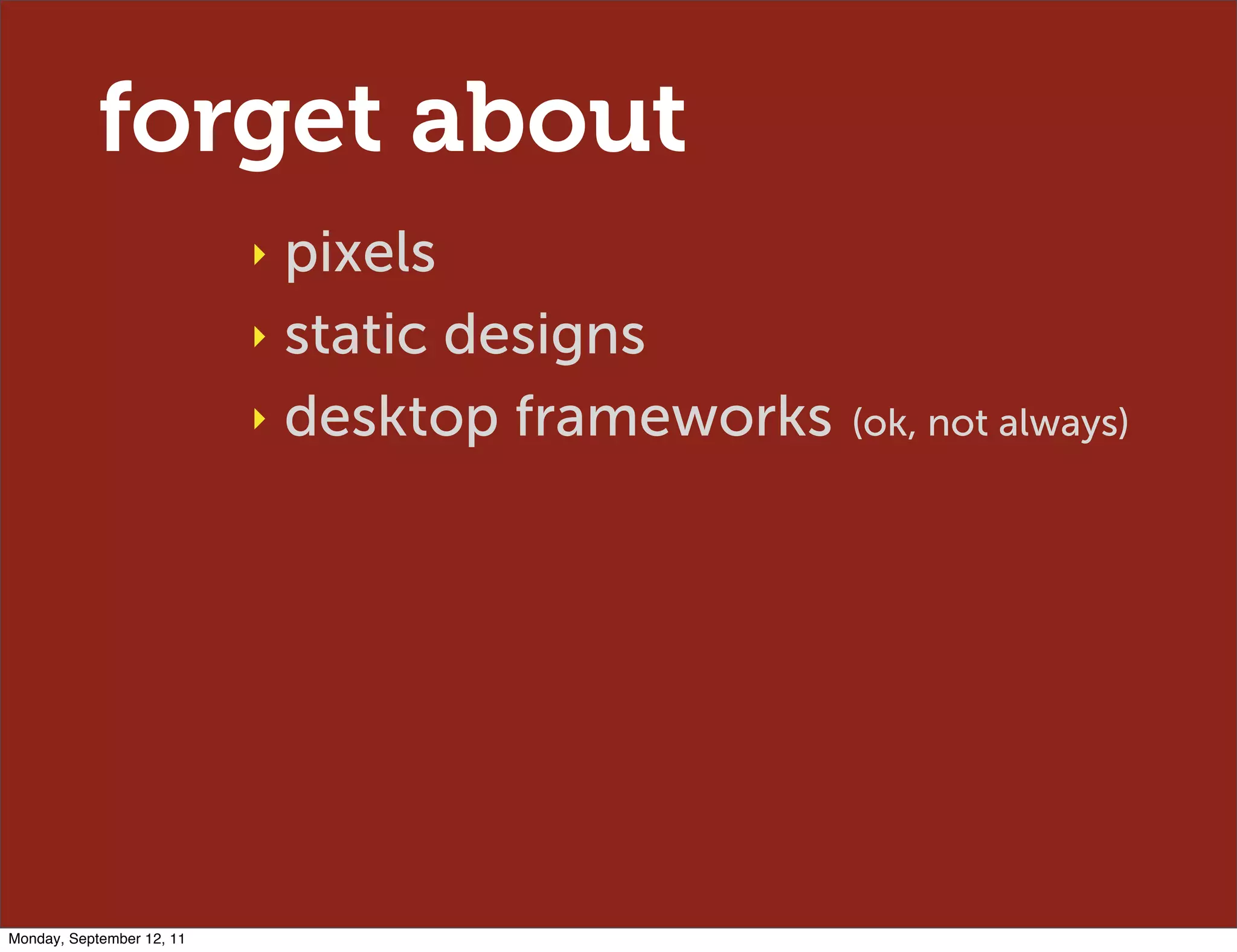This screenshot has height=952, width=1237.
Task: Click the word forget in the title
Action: coord(240,121)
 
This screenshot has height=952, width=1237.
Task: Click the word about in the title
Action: coord(548,118)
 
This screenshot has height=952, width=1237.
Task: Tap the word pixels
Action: coord(360,254)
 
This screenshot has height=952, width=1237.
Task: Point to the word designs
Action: coord(544,336)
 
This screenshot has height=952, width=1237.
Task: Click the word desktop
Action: coord(391,418)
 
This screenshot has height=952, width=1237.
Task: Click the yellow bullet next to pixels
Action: coord(260,254)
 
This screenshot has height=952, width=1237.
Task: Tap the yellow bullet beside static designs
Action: coord(260,337)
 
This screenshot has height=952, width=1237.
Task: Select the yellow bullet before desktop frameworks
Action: coord(260,419)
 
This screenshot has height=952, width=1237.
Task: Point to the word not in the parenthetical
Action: coord(957,423)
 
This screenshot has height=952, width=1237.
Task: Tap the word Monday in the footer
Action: coord(34,939)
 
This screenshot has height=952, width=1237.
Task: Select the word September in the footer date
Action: coord(104,939)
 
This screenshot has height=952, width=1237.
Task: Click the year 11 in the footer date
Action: coord(177,939)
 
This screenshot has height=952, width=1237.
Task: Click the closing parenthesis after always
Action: coord(1122,423)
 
